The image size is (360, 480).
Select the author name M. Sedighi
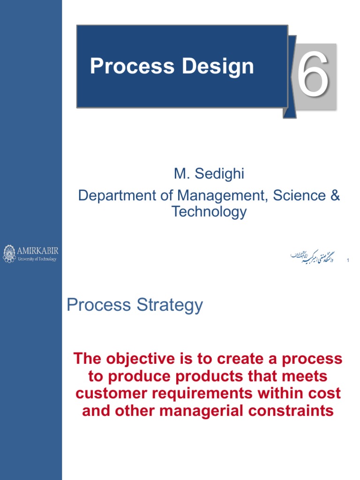tap(209, 174)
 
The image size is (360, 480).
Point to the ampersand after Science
tap(335, 195)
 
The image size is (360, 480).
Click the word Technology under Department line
tap(209, 211)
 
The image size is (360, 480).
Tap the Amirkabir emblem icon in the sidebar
tap(9, 253)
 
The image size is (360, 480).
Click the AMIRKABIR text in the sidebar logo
tap(37, 250)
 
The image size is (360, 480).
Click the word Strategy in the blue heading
tap(169, 305)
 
